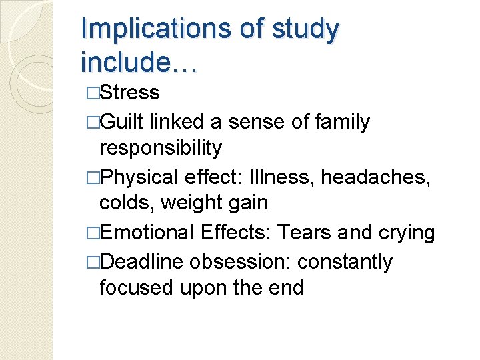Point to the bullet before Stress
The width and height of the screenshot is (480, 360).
tap(93, 93)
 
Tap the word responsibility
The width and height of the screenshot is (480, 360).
tap(160, 148)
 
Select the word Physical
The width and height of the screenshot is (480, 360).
tap(141, 177)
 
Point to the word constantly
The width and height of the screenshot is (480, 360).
tap(345, 262)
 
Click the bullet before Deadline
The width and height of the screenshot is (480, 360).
tap(93, 263)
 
